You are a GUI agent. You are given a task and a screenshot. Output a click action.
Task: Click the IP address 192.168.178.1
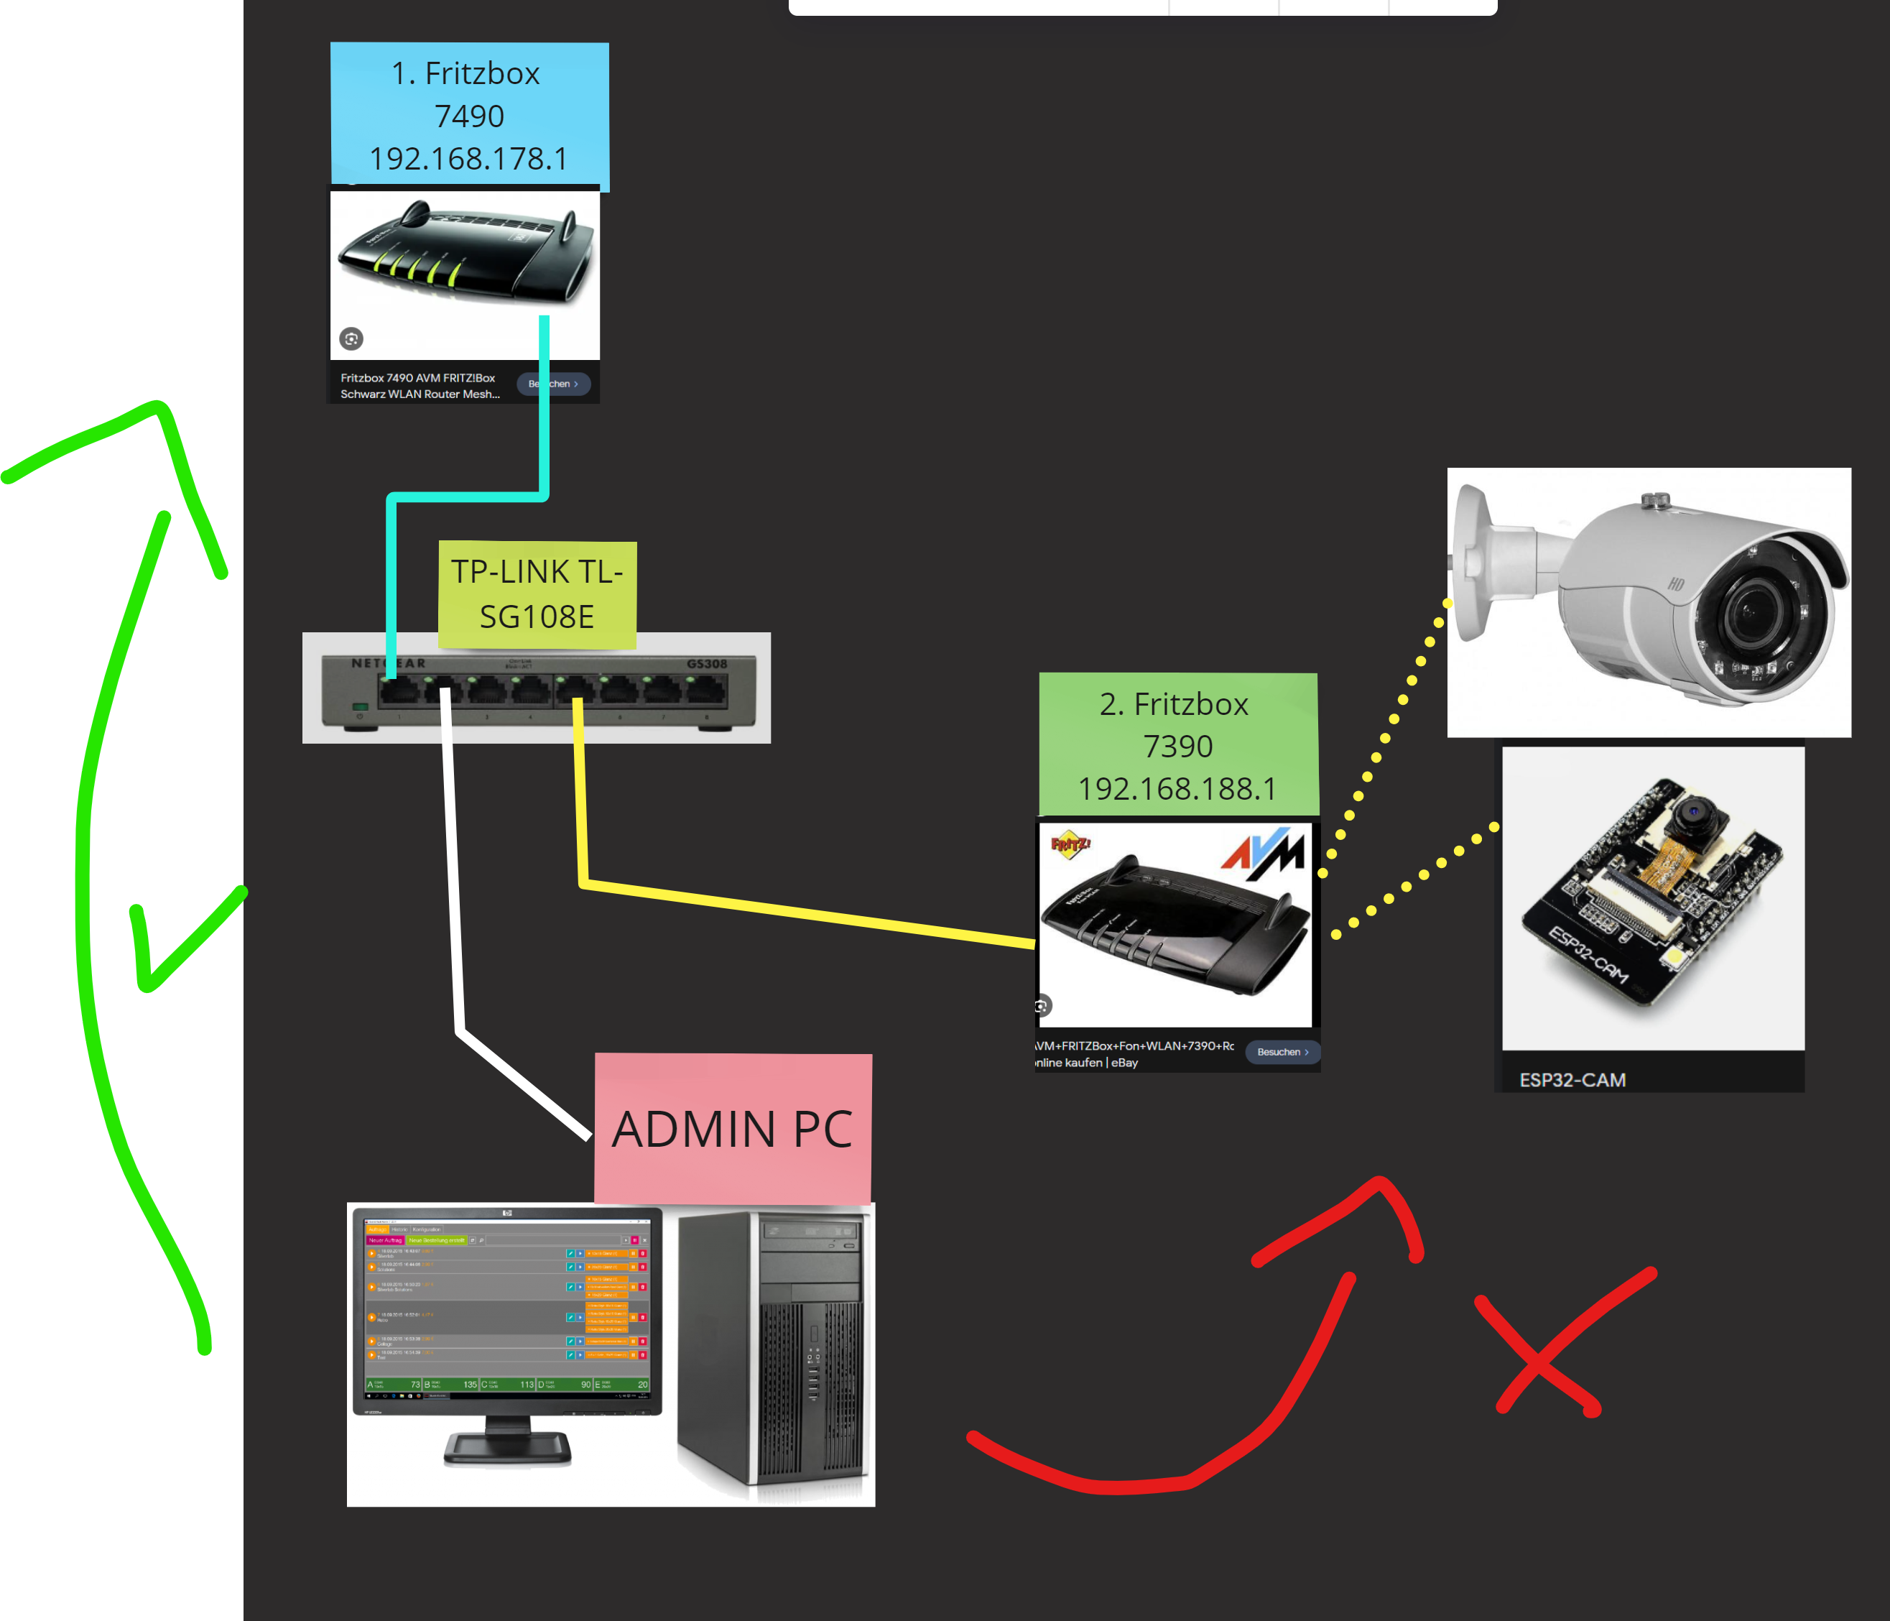(x=469, y=159)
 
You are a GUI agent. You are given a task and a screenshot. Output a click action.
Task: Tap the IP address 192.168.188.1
(x=1177, y=788)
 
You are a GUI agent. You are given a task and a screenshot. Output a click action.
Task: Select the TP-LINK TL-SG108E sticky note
(x=537, y=594)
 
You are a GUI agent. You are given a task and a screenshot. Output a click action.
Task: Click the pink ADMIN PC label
(x=733, y=1128)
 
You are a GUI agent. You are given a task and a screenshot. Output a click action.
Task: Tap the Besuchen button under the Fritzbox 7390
(x=1282, y=1052)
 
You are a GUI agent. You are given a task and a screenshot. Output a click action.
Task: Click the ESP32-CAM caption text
(x=1572, y=1080)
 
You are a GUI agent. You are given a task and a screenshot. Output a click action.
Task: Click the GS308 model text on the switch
(x=707, y=664)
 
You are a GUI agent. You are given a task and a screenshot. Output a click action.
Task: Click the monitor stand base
(x=508, y=1448)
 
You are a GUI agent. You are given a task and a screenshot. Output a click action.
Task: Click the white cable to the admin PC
(x=452, y=867)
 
